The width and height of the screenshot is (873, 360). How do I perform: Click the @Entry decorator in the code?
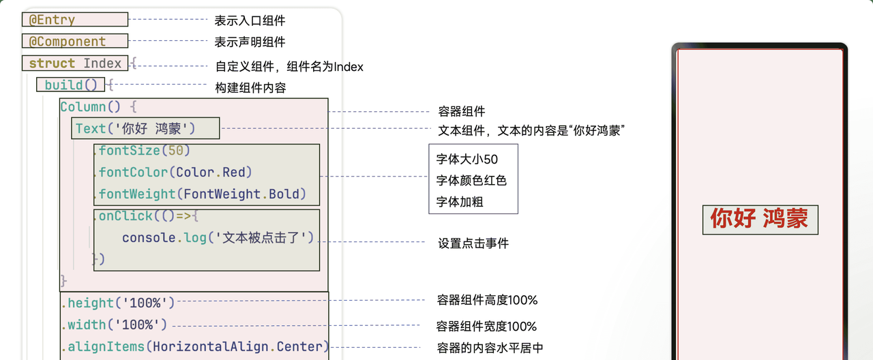[52, 20]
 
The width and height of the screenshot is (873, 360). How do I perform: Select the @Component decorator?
[67, 42]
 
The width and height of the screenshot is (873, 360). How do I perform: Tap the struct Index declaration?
[75, 63]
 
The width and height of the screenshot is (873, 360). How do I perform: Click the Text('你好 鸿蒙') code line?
[135, 129]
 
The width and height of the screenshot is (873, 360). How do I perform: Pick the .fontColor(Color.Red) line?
[175, 172]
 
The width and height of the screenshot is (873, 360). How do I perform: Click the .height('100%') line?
[118, 303]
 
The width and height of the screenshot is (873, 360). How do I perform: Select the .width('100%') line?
[114, 325]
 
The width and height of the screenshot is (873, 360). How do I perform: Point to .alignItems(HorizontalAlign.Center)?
[195, 347]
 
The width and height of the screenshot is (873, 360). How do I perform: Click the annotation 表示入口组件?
[250, 20]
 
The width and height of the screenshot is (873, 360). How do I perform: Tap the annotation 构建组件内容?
[250, 88]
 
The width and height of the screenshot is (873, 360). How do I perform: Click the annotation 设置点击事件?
[473, 243]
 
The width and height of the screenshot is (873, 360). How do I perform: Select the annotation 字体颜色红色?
[471, 181]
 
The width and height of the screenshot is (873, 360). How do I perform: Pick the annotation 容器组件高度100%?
[487, 300]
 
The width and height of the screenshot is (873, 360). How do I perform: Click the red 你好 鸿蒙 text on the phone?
[759, 219]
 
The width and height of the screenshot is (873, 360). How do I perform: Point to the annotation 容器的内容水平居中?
[490, 348]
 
